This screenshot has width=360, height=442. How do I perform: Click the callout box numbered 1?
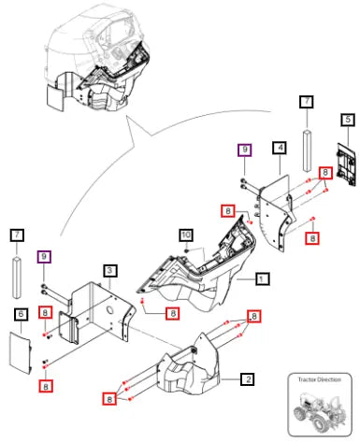click(262, 278)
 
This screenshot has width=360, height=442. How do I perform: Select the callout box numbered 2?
click(248, 379)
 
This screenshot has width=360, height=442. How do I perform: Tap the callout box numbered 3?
click(109, 271)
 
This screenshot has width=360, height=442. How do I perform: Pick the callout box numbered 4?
click(280, 148)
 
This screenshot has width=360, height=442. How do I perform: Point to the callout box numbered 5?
click(348, 120)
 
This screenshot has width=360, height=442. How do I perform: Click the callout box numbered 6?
click(21, 314)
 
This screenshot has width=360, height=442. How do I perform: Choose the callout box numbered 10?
click(186, 235)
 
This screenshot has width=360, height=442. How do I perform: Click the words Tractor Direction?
click(319, 379)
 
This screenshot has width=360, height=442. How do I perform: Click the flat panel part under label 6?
click(20, 352)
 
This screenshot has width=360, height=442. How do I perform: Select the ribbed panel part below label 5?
click(346, 164)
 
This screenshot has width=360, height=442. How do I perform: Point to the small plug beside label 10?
click(186, 250)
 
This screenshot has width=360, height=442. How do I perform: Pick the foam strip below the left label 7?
click(17, 278)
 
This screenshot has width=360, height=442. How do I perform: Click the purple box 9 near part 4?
click(245, 150)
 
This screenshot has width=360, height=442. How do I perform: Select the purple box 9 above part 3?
click(44, 257)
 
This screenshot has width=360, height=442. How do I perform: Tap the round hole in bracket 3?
click(110, 310)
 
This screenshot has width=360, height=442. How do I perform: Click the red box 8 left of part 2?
click(109, 399)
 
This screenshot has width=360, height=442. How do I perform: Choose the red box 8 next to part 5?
click(325, 173)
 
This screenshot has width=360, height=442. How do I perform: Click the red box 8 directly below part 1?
click(173, 313)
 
